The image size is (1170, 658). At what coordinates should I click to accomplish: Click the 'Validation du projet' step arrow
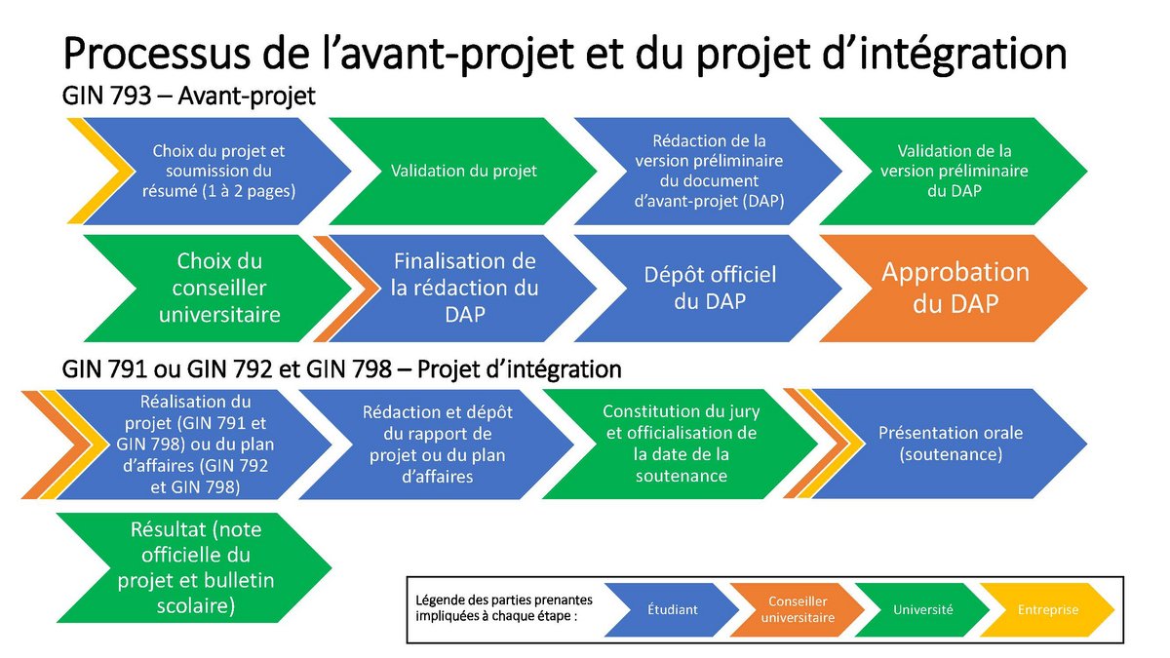coord(463,172)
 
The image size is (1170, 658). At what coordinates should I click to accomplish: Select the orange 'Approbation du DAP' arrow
coord(955,288)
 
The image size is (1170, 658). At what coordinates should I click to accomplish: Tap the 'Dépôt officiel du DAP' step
coord(710,288)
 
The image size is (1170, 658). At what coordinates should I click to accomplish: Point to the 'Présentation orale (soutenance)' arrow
coord(951,444)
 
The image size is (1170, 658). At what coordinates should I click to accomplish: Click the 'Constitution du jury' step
coord(680,444)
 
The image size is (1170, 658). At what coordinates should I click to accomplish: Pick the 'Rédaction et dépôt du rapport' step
coord(437,444)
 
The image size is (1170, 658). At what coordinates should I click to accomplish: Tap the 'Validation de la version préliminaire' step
coord(954,172)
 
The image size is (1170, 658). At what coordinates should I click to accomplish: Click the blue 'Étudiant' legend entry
coord(673,610)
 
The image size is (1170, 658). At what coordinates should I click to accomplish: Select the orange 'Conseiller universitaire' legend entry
coord(797,610)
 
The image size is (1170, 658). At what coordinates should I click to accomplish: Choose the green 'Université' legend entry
coord(922,610)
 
